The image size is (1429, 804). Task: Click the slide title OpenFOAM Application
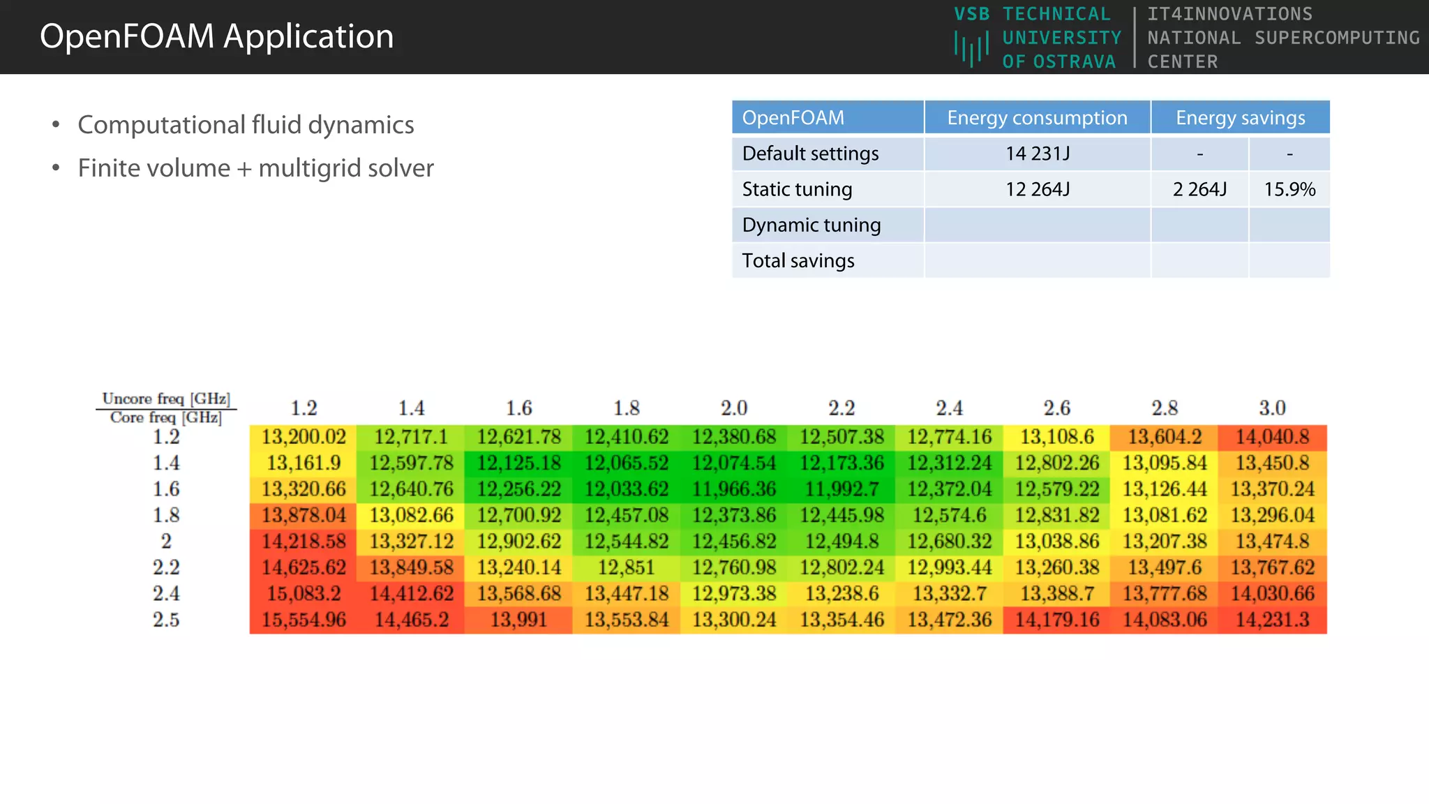pyautogui.click(x=216, y=36)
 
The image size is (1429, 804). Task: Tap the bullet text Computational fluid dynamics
pyautogui.click(x=246, y=125)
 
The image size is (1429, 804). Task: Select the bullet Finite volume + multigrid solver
pyautogui.click(x=255, y=168)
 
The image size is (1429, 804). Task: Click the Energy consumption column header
pyautogui.click(x=1037, y=118)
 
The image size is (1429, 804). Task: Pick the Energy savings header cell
pyautogui.click(x=1240, y=118)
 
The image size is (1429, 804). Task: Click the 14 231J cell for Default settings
pyautogui.click(x=1037, y=154)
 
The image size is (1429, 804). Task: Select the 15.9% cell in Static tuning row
pyautogui.click(x=1289, y=189)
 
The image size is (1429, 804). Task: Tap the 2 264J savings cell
pyautogui.click(x=1199, y=189)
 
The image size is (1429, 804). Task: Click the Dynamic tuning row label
pyautogui.click(x=811, y=225)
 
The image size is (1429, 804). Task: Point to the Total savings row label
pyautogui.click(x=798, y=260)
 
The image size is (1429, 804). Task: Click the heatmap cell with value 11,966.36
pyautogui.click(x=734, y=489)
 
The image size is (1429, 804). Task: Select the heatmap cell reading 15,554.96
pyautogui.click(x=304, y=620)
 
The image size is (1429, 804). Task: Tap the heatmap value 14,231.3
pyautogui.click(x=1272, y=620)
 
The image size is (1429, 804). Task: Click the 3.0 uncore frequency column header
pyautogui.click(x=1272, y=408)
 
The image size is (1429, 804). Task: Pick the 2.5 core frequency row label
pyautogui.click(x=166, y=620)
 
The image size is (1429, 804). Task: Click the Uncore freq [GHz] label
pyautogui.click(x=166, y=399)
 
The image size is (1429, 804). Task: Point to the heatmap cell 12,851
pyautogui.click(x=626, y=567)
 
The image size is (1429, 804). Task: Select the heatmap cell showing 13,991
pyautogui.click(x=518, y=620)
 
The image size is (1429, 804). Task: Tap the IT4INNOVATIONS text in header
pyautogui.click(x=1230, y=14)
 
